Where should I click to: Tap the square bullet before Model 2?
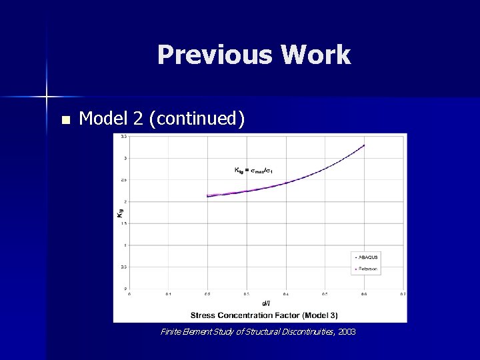65,121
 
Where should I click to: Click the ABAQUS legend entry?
367,257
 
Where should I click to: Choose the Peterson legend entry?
367,269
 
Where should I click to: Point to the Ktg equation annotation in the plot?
254,171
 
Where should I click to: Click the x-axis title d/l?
265,303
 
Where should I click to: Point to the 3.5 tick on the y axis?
124,137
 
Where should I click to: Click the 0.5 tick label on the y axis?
124,267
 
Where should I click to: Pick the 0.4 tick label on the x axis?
286,293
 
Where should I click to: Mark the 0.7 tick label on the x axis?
403,293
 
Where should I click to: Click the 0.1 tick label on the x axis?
169,293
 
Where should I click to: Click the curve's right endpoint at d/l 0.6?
364,145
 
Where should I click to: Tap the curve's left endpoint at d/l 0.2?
208,196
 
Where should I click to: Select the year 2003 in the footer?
347,331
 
